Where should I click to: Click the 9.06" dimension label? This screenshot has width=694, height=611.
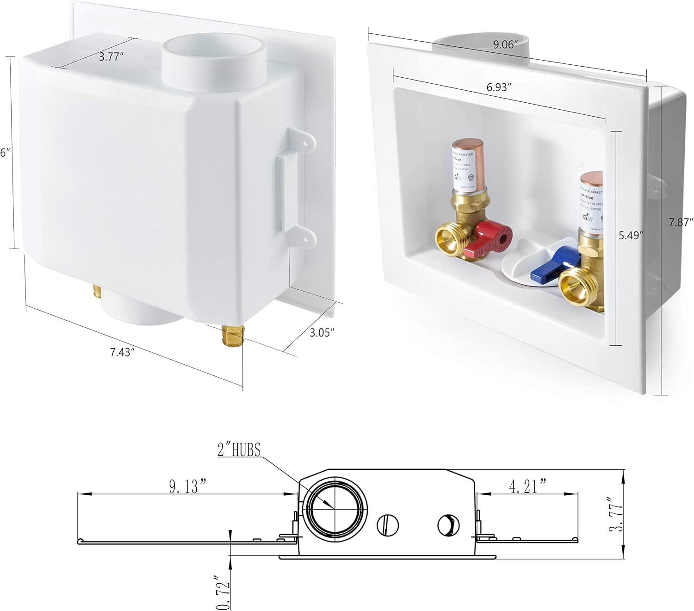[x=505, y=45]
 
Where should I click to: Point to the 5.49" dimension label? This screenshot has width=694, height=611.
[x=632, y=235]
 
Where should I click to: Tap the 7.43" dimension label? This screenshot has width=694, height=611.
[x=122, y=352]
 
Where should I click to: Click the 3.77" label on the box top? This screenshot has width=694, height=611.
[x=112, y=57]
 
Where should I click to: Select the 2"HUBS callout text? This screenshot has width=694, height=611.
[x=239, y=449]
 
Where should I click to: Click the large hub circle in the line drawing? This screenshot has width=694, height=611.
[x=334, y=509]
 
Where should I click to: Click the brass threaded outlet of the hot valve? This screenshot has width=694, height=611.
[x=448, y=240]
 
